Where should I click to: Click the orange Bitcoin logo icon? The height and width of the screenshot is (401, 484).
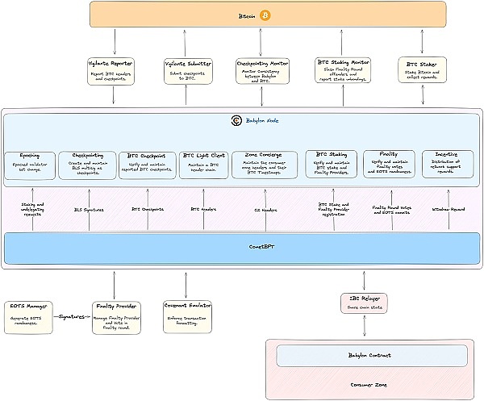(x=265, y=15)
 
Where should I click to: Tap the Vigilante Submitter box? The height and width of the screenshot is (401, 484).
(x=187, y=70)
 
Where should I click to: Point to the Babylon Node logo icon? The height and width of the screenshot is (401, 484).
(x=236, y=121)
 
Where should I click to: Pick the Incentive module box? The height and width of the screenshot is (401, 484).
(x=447, y=164)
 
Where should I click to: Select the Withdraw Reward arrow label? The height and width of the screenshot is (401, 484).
(x=447, y=209)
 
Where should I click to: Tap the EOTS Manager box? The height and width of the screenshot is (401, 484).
(x=28, y=316)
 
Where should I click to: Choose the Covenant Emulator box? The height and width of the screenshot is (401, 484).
(x=187, y=316)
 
